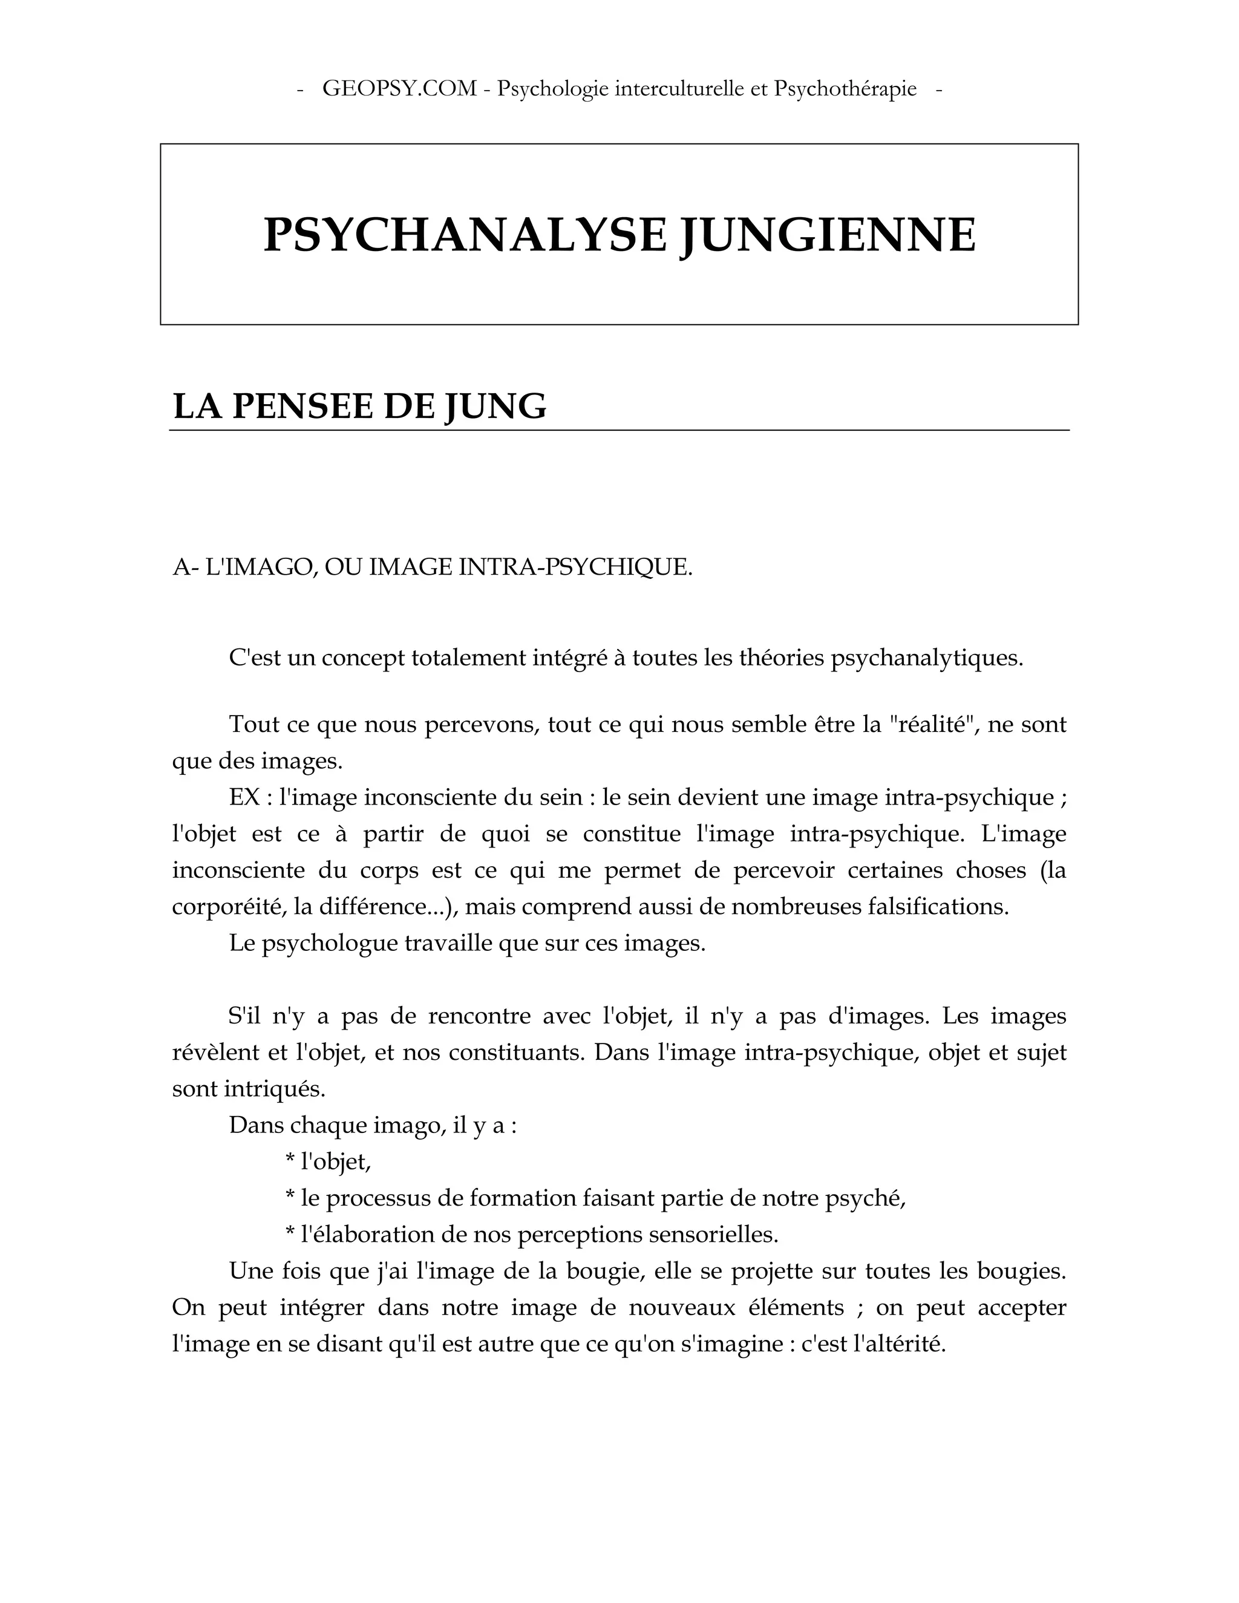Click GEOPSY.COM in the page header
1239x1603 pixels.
[x=399, y=89]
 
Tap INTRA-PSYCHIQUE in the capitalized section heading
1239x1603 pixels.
[x=575, y=567]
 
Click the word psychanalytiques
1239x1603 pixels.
[x=926, y=658]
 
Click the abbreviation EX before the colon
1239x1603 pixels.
[x=244, y=797]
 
